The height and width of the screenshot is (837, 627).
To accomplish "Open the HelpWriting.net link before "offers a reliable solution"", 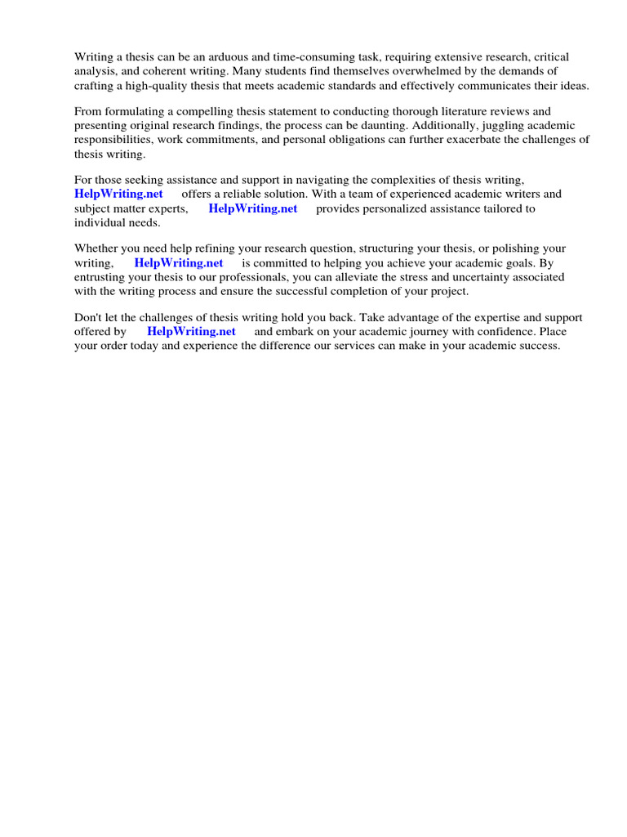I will point(118,194).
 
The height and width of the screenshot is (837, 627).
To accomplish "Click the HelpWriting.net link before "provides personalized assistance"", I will point(253,208).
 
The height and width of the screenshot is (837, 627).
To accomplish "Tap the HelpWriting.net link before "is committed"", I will point(178,262).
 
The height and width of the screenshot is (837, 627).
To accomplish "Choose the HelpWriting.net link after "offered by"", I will point(191,331).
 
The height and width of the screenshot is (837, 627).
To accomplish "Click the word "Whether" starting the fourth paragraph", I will point(96,248).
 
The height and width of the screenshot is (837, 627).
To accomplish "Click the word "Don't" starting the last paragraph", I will point(88,317).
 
